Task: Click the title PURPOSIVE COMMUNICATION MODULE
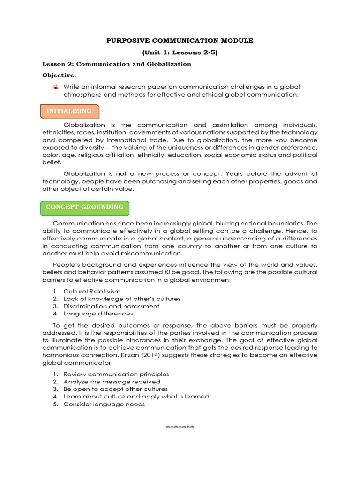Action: [x=180, y=41]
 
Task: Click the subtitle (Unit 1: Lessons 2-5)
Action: [x=180, y=52]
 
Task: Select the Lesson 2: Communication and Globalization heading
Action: [x=117, y=64]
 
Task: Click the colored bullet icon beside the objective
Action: [x=56, y=87]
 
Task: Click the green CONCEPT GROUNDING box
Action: [x=85, y=207]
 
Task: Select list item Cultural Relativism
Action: [x=89, y=291]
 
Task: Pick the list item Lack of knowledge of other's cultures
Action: [x=121, y=299]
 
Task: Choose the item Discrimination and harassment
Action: [x=111, y=306]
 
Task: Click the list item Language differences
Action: [x=98, y=314]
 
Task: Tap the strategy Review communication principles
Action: [x=116, y=374]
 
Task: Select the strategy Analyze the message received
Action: [x=112, y=382]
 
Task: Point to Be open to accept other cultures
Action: [x=115, y=389]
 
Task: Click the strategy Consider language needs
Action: [x=104, y=404]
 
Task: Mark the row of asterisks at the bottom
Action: [x=180, y=427]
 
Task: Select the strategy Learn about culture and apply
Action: [x=136, y=397]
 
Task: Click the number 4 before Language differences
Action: [x=55, y=314]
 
